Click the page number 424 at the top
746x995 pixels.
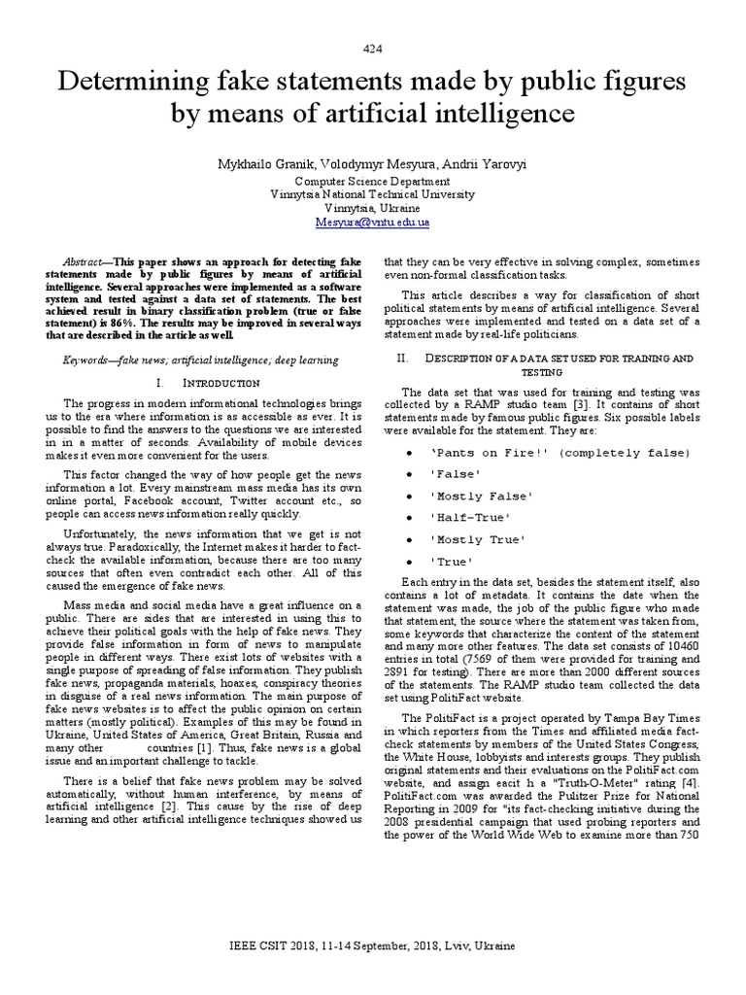point(372,49)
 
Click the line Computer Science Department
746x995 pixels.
point(372,181)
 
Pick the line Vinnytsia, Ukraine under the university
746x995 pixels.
point(372,208)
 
